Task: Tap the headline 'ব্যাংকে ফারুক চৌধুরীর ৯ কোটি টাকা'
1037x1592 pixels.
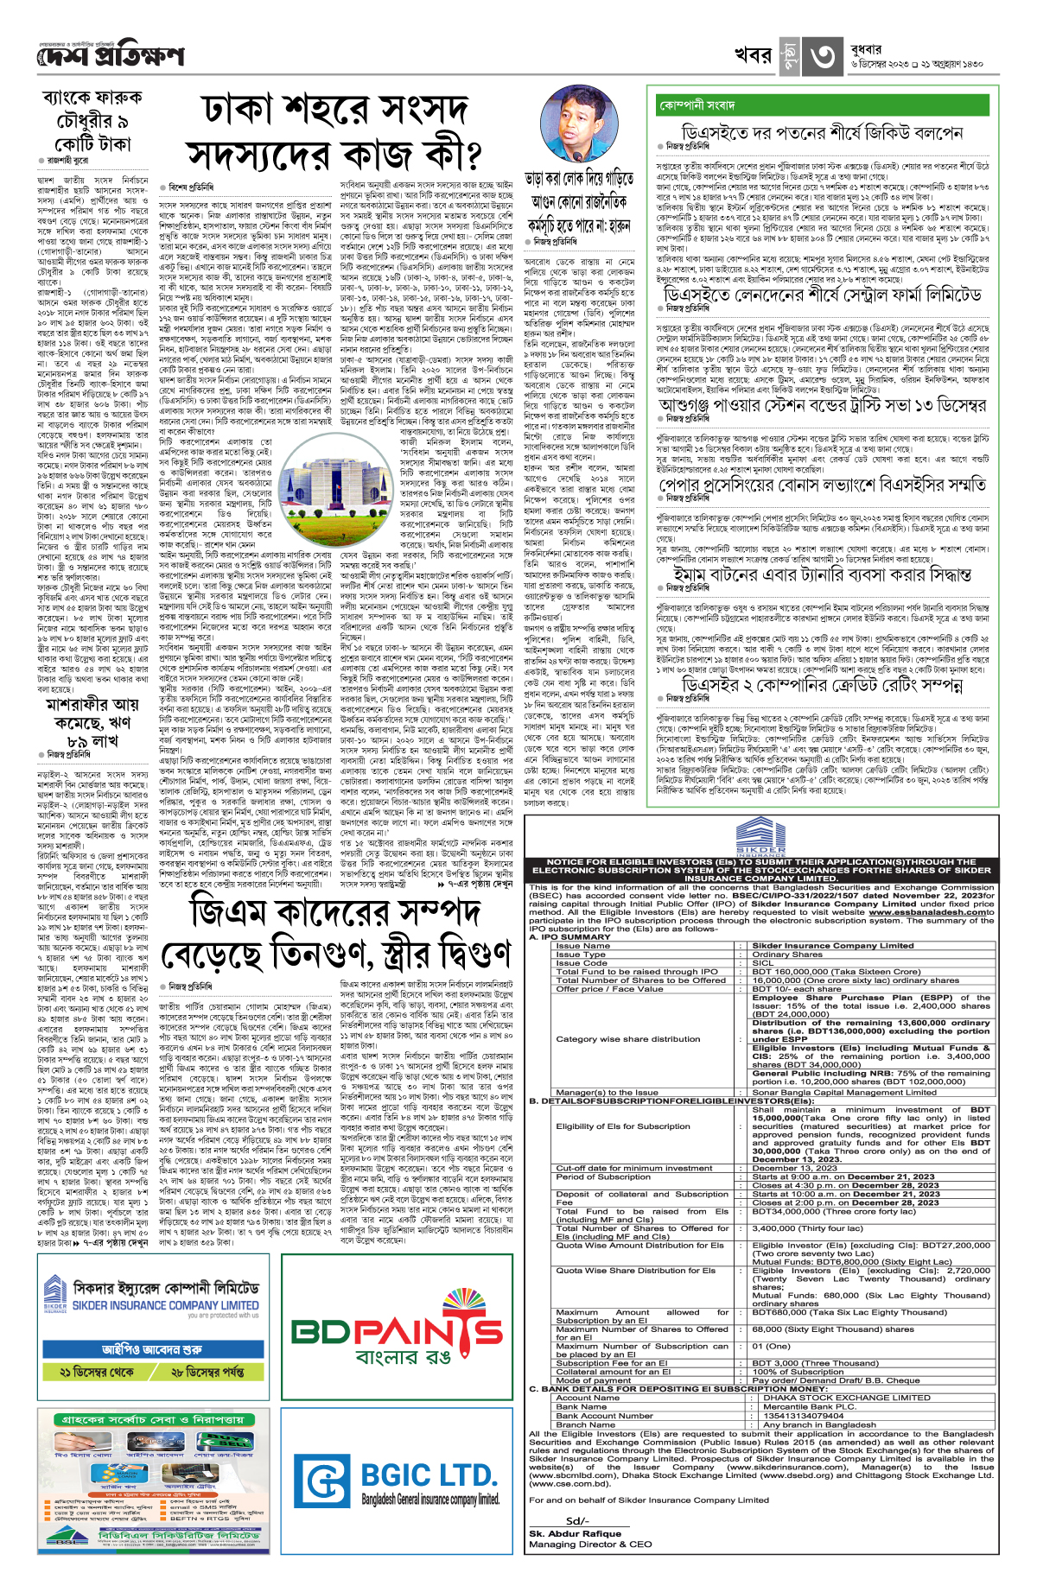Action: (92, 120)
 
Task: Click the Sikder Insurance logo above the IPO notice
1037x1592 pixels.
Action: (760, 839)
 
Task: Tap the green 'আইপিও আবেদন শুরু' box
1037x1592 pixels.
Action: (151, 1349)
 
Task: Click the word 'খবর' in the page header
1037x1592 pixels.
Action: (752, 55)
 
